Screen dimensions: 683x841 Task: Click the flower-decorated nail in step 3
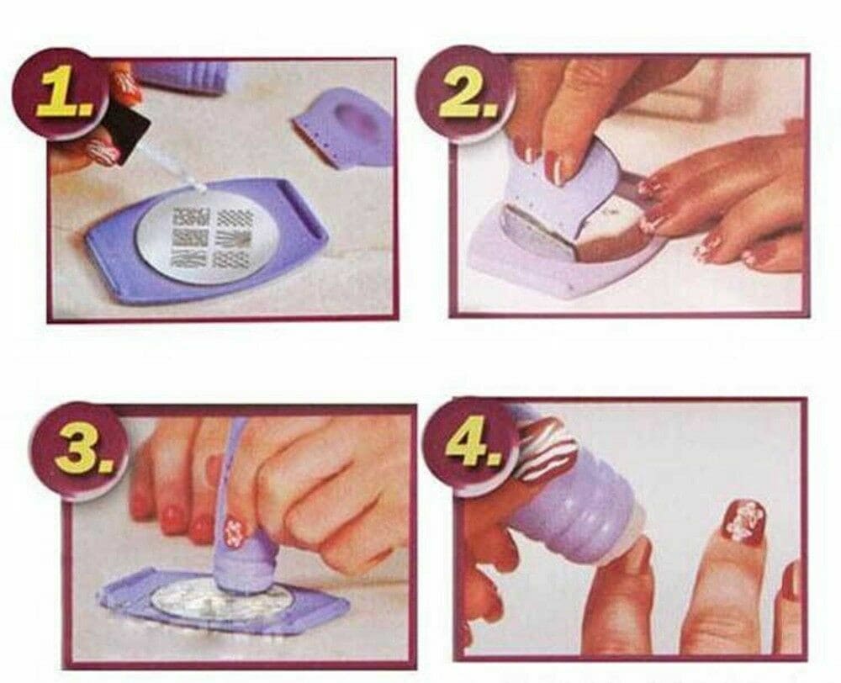(236, 530)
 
